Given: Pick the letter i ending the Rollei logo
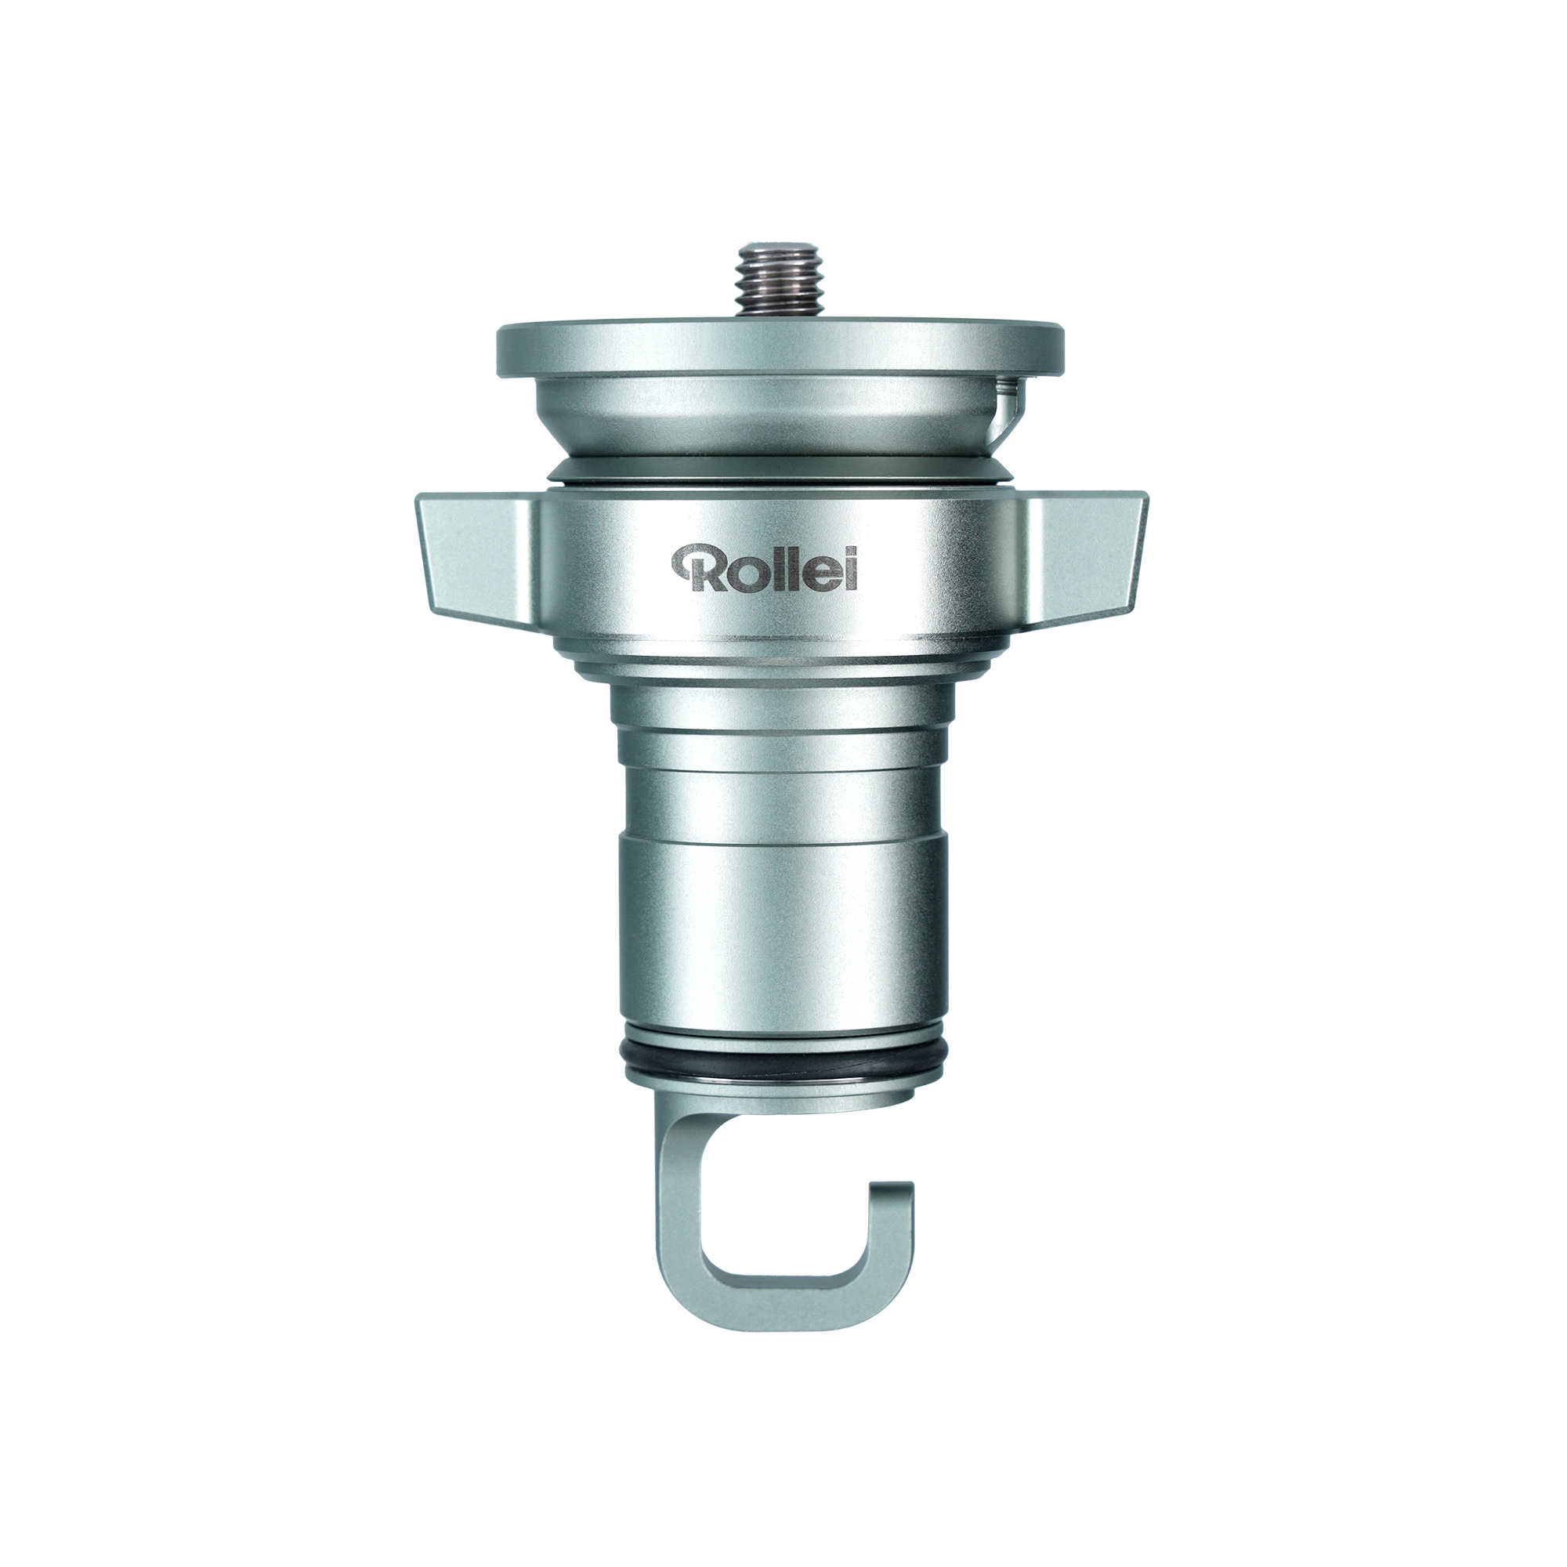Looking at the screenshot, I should (851, 567).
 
